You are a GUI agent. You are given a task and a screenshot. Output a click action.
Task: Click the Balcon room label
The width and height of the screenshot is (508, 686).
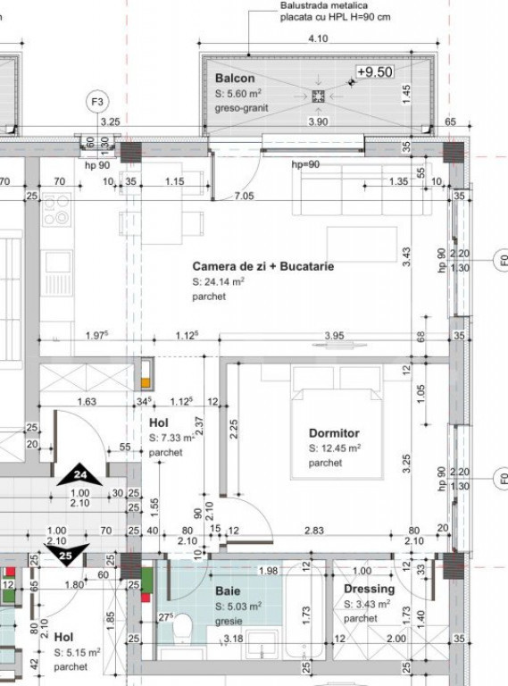pyautogui.click(x=235, y=79)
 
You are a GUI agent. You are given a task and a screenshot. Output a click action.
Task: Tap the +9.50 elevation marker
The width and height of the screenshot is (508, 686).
pyautogui.click(x=374, y=72)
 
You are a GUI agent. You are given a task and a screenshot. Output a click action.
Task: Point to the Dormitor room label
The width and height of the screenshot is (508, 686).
pyautogui.click(x=334, y=432)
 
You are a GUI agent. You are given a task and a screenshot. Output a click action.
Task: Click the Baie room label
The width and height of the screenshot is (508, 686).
pyautogui.click(x=227, y=591)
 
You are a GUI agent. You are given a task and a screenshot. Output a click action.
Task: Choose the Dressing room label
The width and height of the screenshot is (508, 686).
pyautogui.click(x=369, y=590)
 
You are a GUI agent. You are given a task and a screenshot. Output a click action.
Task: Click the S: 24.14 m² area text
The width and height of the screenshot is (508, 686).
pyautogui.click(x=219, y=281)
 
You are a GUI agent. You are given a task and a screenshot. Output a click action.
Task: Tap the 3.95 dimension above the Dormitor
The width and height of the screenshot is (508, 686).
pyautogui.click(x=333, y=336)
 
